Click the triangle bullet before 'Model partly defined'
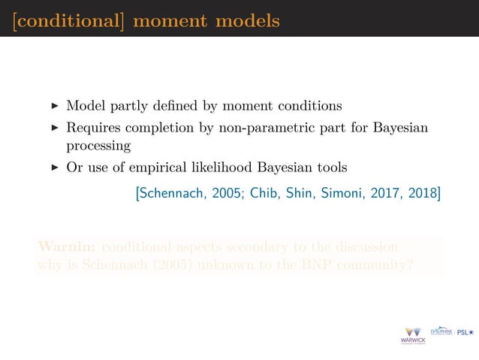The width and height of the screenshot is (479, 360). coord(54,105)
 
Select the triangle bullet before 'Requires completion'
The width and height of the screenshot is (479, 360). coord(54,128)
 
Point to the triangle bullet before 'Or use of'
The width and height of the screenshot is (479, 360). coord(54,167)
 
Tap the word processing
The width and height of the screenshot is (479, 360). coord(98,146)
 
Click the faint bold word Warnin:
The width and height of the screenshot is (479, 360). coord(65,247)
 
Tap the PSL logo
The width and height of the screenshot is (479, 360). coord(464,332)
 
